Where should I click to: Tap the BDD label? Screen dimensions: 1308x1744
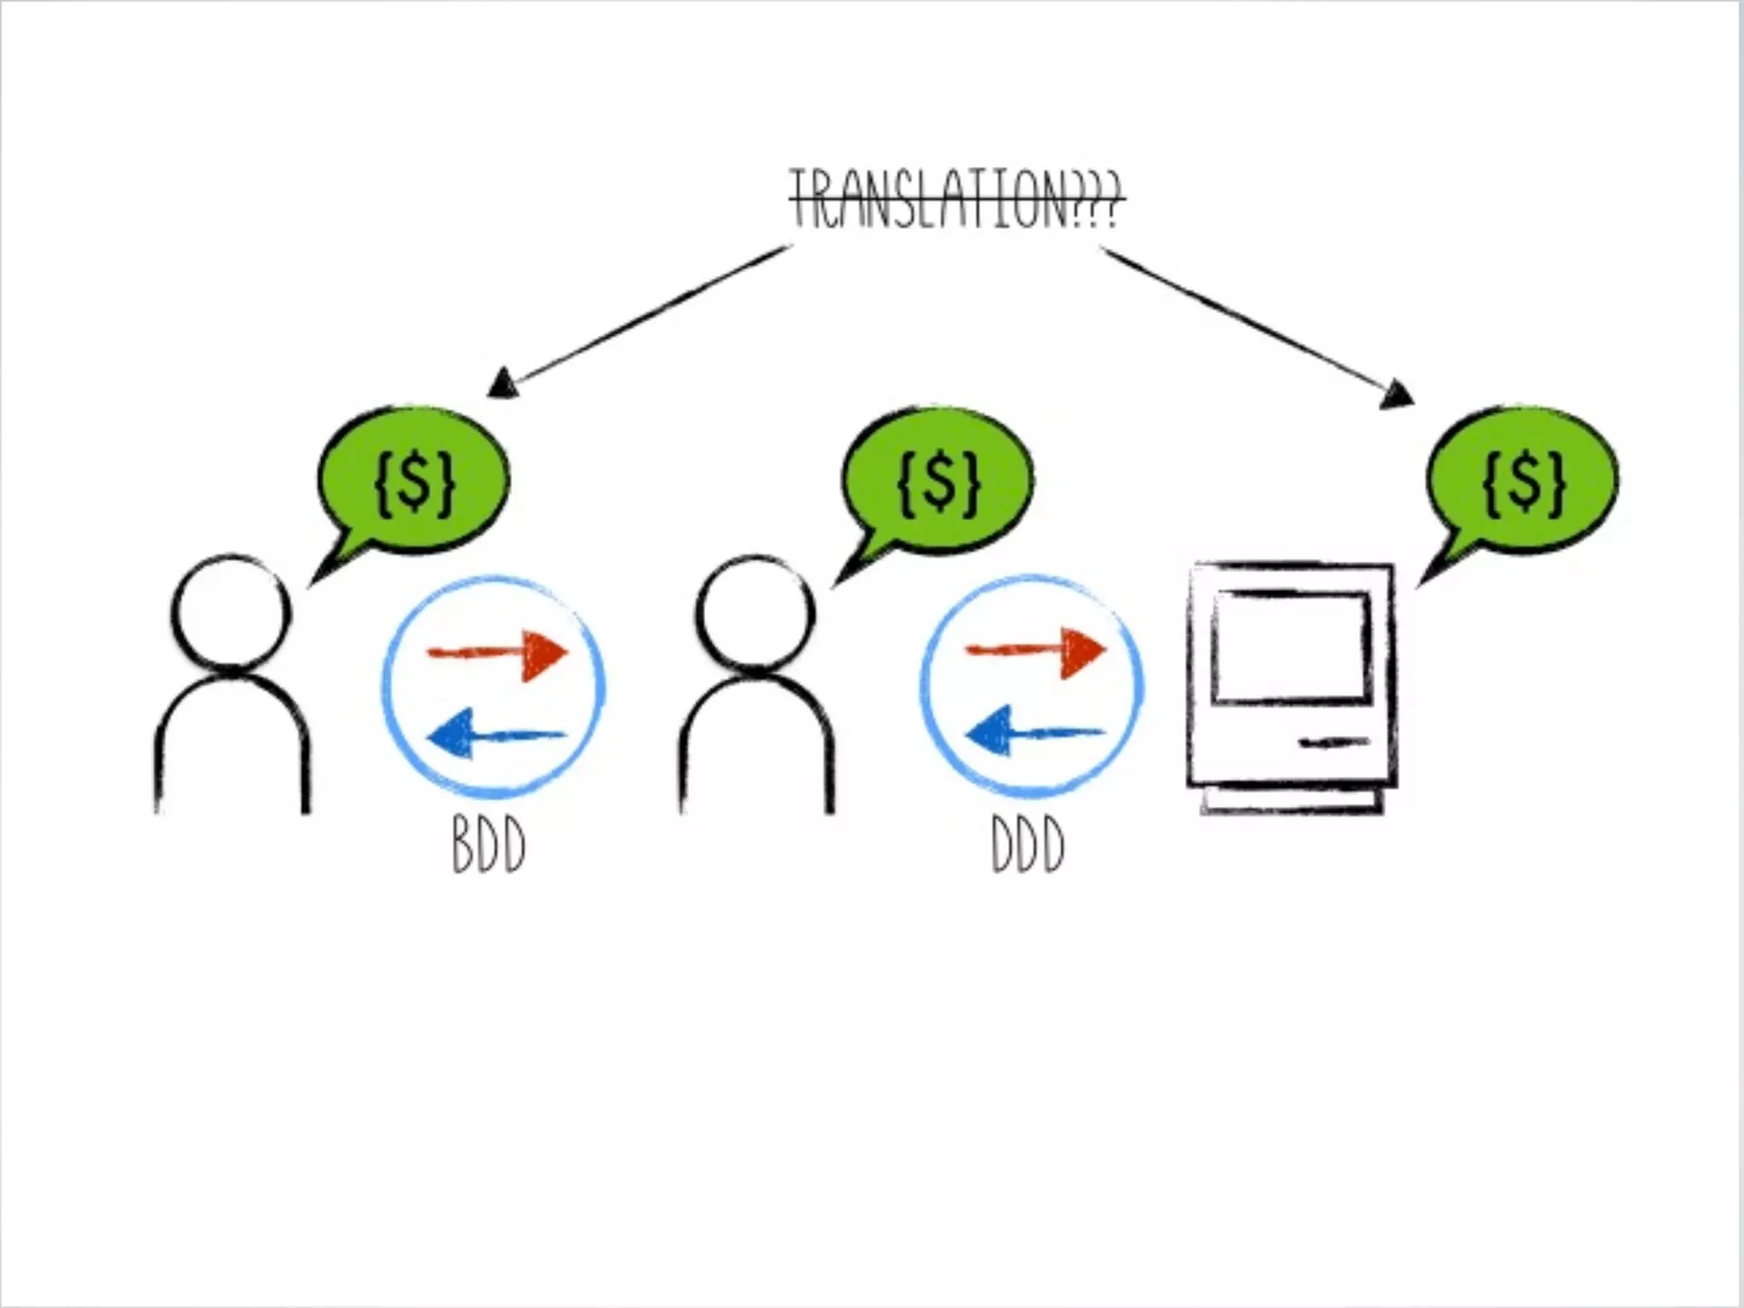(x=489, y=846)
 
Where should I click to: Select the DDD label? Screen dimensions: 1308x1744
(x=1028, y=846)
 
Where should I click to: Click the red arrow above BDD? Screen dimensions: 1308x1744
(x=499, y=654)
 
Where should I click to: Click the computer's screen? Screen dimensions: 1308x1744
(x=1291, y=647)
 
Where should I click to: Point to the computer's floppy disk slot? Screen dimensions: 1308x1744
(x=1334, y=743)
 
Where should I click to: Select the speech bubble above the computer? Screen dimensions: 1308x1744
(x=1521, y=482)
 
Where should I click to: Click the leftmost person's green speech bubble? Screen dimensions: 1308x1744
(x=414, y=482)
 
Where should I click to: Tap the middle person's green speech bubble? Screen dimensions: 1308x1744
(x=937, y=482)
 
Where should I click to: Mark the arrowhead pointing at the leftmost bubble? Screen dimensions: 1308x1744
(x=502, y=383)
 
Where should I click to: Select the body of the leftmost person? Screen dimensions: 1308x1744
(x=232, y=749)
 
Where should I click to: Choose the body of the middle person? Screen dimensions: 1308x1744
(x=756, y=749)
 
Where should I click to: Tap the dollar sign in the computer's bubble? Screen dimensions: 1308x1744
(x=1524, y=482)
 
